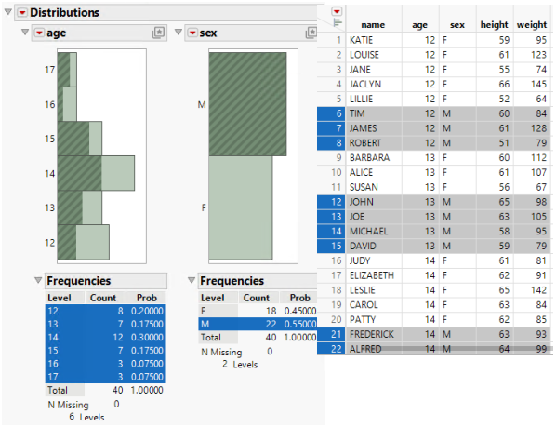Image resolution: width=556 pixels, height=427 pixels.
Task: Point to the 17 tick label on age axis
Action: (x=48, y=70)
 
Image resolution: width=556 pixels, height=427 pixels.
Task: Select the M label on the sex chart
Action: (x=201, y=104)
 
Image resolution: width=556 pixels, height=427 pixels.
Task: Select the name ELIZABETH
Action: (x=372, y=274)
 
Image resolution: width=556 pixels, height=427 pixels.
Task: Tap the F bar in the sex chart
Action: (x=241, y=207)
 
